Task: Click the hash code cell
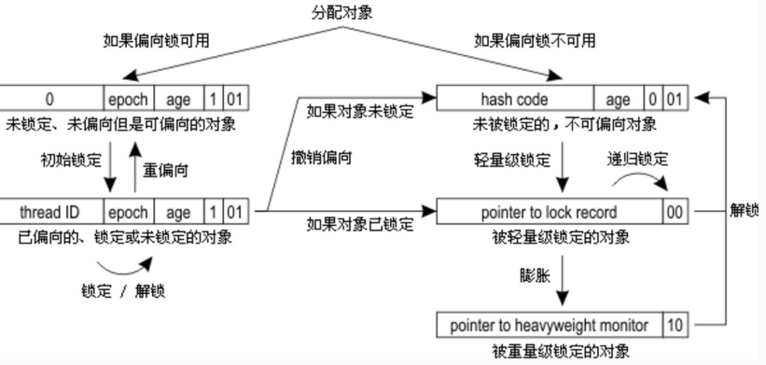pos(515,97)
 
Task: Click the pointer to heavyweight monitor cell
pos(549,326)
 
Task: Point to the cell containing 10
pos(675,326)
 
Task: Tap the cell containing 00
pos(675,212)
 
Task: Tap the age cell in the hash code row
pos(618,97)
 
